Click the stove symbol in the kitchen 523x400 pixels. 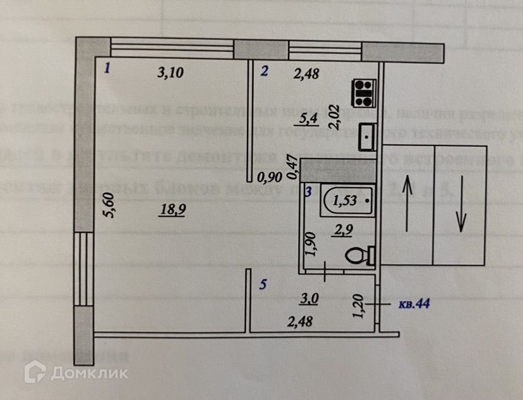point(364,92)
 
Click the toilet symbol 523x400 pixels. point(359,257)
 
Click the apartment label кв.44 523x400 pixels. point(414,304)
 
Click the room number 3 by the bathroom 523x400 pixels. point(307,191)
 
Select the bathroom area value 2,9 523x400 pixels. point(344,231)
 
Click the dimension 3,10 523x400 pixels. point(170,73)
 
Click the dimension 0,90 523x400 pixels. point(272,177)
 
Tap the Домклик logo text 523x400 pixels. point(88,373)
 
